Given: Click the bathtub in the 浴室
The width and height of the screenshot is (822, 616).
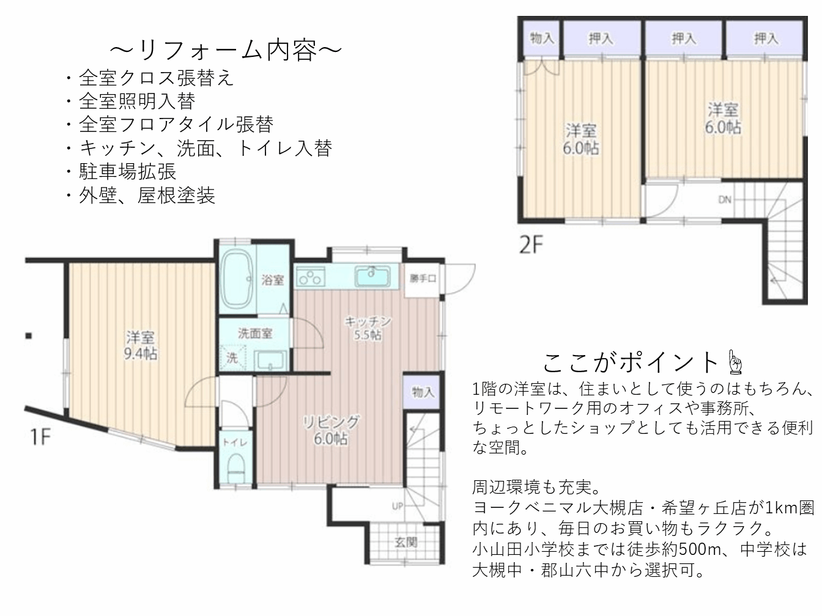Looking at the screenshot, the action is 237,279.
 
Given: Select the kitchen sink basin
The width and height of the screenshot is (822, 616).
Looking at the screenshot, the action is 372,276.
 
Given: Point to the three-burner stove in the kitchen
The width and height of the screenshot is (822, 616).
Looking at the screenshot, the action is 311,277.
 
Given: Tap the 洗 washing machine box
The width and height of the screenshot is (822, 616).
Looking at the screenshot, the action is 232,358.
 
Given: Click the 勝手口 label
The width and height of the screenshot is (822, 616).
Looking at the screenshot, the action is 423,279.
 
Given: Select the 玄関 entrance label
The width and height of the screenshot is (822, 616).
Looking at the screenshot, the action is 405,542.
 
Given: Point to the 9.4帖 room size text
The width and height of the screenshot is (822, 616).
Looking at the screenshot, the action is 141,353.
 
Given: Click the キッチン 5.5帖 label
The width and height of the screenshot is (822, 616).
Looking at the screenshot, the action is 368,328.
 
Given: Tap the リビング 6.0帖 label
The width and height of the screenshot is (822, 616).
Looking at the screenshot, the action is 331,430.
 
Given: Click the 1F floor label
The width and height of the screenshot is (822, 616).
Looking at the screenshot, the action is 40,436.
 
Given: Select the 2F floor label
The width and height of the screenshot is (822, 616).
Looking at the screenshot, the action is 531,245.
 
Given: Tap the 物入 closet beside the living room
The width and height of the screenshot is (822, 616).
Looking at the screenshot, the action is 423,392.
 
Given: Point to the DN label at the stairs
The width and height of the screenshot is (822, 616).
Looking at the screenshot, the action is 725,200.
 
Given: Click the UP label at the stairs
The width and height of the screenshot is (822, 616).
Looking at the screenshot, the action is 398,507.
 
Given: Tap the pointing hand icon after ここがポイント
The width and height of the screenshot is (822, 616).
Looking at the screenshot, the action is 736,362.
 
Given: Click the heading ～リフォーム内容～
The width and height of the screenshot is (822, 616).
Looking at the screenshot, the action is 226,50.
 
